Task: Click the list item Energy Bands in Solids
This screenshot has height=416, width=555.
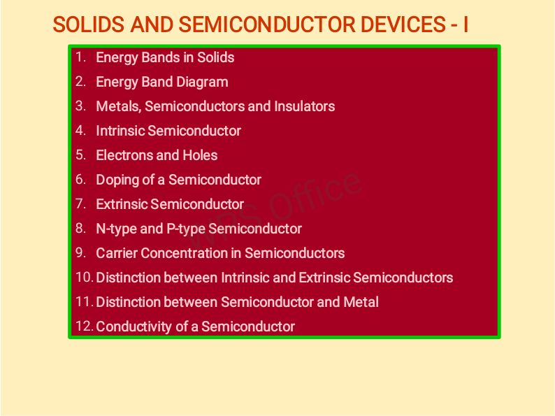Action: point(165,57)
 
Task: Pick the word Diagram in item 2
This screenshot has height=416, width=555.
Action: point(202,82)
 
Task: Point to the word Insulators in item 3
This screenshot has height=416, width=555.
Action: point(304,106)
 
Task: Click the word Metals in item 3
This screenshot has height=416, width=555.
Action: point(117,106)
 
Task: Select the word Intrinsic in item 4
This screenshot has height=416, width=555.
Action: point(120,131)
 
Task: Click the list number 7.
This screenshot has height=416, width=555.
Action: point(81,203)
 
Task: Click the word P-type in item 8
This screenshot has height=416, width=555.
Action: point(185,229)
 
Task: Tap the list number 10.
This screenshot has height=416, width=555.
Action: point(84,277)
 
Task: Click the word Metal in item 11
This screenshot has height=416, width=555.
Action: point(361,302)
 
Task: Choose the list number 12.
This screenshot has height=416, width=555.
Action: point(84,326)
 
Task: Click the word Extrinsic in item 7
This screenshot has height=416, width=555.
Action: point(122,204)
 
